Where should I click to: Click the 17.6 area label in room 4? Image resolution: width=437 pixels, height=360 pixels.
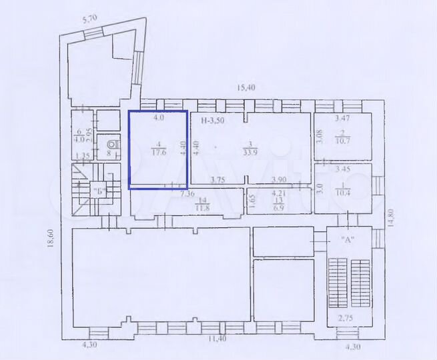tap(158, 152)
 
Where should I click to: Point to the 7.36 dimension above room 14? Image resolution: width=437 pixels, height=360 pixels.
tap(187, 194)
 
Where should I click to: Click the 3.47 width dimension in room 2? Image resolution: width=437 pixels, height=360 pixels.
tap(343, 118)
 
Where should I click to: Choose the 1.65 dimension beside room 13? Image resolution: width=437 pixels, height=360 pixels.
tap(252, 199)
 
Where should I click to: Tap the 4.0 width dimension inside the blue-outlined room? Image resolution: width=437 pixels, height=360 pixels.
tap(159, 118)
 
